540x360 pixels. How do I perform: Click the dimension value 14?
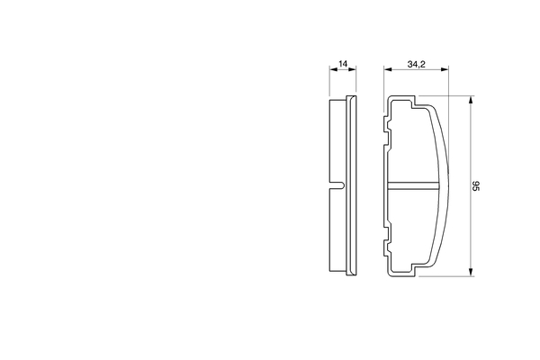(x=343, y=65)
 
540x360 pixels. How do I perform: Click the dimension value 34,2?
(x=415, y=65)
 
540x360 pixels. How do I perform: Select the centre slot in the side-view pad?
(x=338, y=185)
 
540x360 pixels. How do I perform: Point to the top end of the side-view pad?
(x=343, y=99)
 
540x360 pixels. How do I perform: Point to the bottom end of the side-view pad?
(x=343, y=274)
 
